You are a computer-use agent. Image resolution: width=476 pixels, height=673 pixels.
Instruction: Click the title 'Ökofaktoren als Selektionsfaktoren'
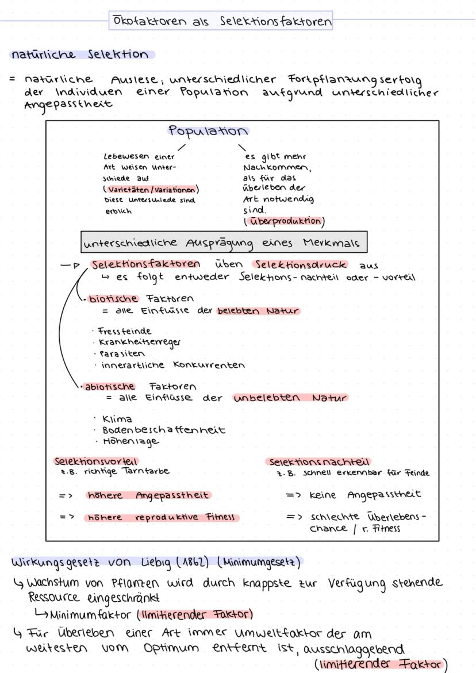[x=221, y=21]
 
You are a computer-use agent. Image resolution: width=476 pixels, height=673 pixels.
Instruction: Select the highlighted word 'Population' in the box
[x=209, y=132]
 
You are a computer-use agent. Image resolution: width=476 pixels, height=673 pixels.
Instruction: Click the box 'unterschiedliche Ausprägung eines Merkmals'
[x=223, y=243]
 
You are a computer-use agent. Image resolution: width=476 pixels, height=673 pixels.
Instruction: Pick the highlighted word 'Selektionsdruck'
[x=300, y=265]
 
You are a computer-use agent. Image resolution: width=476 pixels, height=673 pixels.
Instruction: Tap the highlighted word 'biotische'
[x=113, y=298]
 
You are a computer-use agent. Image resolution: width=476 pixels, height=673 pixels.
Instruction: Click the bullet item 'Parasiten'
[x=123, y=353]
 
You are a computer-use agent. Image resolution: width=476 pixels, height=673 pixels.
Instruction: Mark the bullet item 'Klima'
[x=117, y=419]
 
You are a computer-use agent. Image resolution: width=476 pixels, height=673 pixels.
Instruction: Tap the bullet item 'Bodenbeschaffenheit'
[x=163, y=430]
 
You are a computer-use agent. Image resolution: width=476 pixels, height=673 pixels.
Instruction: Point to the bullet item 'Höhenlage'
[x=130, y=441]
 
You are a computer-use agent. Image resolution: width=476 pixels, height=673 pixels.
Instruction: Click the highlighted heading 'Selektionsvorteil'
[x=96, y=461]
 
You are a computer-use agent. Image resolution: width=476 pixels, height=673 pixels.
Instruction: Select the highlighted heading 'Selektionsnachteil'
[x=320, y=462]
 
